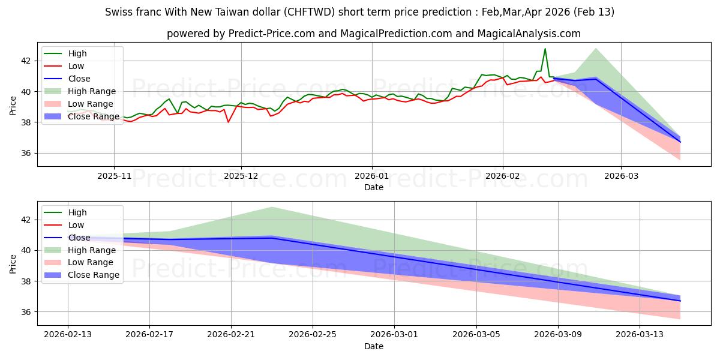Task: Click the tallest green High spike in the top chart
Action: coord(545,49)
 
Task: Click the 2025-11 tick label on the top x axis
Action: coord(114,176)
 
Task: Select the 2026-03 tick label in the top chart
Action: coord(620,176)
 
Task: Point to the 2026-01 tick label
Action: coord(371,176)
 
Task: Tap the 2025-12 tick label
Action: coord(241,176)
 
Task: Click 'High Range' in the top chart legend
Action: coord(92,91)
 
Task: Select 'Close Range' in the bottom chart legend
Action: coord(94,275)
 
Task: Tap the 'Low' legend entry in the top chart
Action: coord(76,66)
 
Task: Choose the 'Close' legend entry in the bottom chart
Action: coord(79,238)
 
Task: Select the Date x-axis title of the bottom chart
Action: coord(373,346)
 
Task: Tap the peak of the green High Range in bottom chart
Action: coord(272,207)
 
